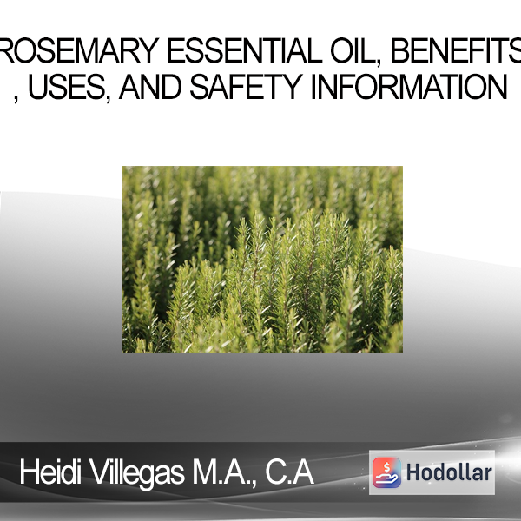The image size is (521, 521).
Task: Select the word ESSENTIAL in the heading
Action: point(244,50)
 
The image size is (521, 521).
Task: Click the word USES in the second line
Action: point(69,87)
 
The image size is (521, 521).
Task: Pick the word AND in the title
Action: point(150,87)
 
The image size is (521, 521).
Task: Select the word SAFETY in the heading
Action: point(247,87)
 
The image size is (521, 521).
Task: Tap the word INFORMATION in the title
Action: point(409,87)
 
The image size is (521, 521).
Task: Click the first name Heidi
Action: point(50,472)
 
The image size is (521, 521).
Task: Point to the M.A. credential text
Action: point(221,472)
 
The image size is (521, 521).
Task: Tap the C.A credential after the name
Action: point(289,472)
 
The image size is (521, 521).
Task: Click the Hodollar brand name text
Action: point(449,472)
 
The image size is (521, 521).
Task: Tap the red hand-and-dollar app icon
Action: point(386,472)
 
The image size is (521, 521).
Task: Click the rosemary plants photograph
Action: point(262,260)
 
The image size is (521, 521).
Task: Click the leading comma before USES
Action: point(16,99)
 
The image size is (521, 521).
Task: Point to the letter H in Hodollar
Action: point(414,472)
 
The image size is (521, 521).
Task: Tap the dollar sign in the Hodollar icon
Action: point(386,467)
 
